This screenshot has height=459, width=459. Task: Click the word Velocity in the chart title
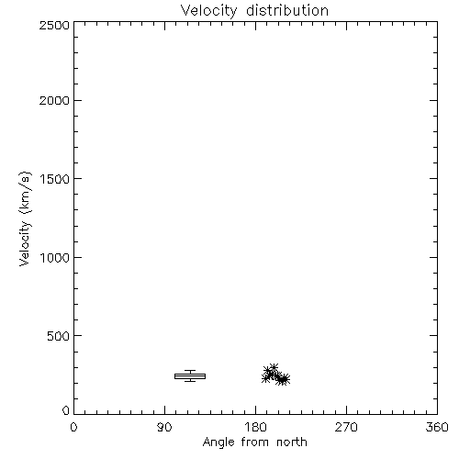click(208, 11)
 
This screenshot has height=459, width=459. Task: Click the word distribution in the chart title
click(287, 10)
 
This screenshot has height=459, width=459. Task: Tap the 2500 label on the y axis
click(54, 25)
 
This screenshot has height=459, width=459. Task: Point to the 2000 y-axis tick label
click(54, 100)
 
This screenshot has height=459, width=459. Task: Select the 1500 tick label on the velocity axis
click(55, 179)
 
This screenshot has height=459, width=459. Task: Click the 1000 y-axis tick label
click(55, 258)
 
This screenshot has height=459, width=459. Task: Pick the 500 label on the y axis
click(59, 336)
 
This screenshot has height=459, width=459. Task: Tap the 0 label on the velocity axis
click(66, 410)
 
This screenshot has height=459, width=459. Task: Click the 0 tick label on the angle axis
click(73, 427)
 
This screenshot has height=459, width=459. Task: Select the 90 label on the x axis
click(164, 427)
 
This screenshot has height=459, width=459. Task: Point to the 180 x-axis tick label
click(255, 427)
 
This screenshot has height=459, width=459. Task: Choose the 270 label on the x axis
click(346, 427)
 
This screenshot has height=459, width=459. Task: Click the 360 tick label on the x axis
click(437, 427)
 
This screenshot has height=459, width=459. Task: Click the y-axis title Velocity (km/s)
click(25, 218)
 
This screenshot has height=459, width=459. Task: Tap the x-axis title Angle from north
click(255, 442)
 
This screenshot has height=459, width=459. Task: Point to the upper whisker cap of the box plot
click(190, 371)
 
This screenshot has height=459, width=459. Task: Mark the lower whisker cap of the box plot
click(190, 381)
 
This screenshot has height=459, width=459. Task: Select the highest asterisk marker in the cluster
click(274, 367)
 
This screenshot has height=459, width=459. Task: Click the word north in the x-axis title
click(292, 442)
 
